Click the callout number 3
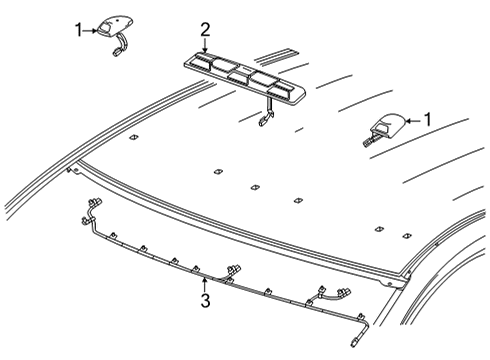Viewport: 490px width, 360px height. pyautogui.click(x=204, y=301)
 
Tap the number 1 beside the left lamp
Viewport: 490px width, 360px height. pyautogui.click(x=79, y=31)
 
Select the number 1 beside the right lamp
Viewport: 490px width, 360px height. pyautogui.click(x=429, y=120)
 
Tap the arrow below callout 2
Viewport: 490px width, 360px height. pyautogui.click(x=205, y=45)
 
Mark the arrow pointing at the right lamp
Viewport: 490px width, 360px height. pyautogui.click(x=412, y=121)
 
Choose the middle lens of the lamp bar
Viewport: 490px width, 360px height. pyautogui.click(x=238, y=75)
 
